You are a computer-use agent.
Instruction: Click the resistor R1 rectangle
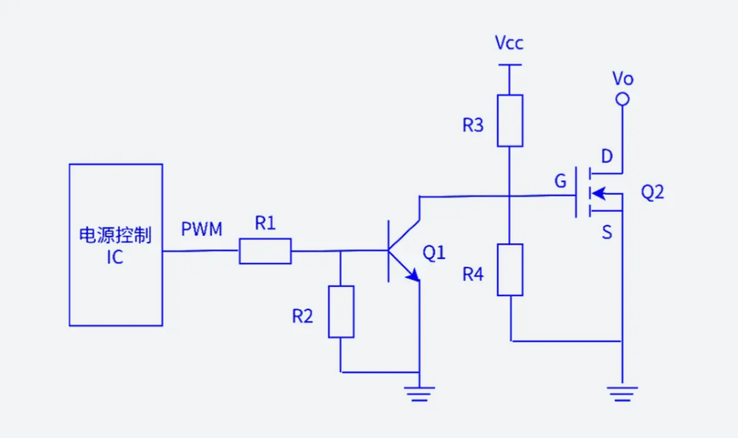[x=265, y=251]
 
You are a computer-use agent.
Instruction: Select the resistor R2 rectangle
[x=341, y=311]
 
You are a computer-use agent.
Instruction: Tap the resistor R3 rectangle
[x=510, y=121]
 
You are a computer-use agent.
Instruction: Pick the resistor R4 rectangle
[x=510, y=270]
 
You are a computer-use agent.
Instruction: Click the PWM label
[x=201, y=229]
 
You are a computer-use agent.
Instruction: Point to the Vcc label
[x=509, y=42]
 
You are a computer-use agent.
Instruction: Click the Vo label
[x=623, y=78]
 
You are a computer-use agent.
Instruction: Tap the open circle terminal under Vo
[x=623, y=99]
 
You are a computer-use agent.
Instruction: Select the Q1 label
[x=434, y=253]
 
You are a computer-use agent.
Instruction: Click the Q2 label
[x=653, y=193]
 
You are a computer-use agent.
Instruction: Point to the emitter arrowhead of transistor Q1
[x=413, y=276]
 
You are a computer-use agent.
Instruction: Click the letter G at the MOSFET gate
[x=560, y=181]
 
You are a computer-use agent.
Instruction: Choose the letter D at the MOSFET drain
[x=607, y=157]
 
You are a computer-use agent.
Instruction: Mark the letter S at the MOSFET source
[x=607, y=233]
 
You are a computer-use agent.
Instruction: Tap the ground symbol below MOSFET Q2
[x=623, y=393]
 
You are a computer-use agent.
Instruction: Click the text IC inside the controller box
[x=115, y=258]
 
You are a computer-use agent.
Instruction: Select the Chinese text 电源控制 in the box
[x=115, y=235]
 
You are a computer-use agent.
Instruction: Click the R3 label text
[x=473, y=125]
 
